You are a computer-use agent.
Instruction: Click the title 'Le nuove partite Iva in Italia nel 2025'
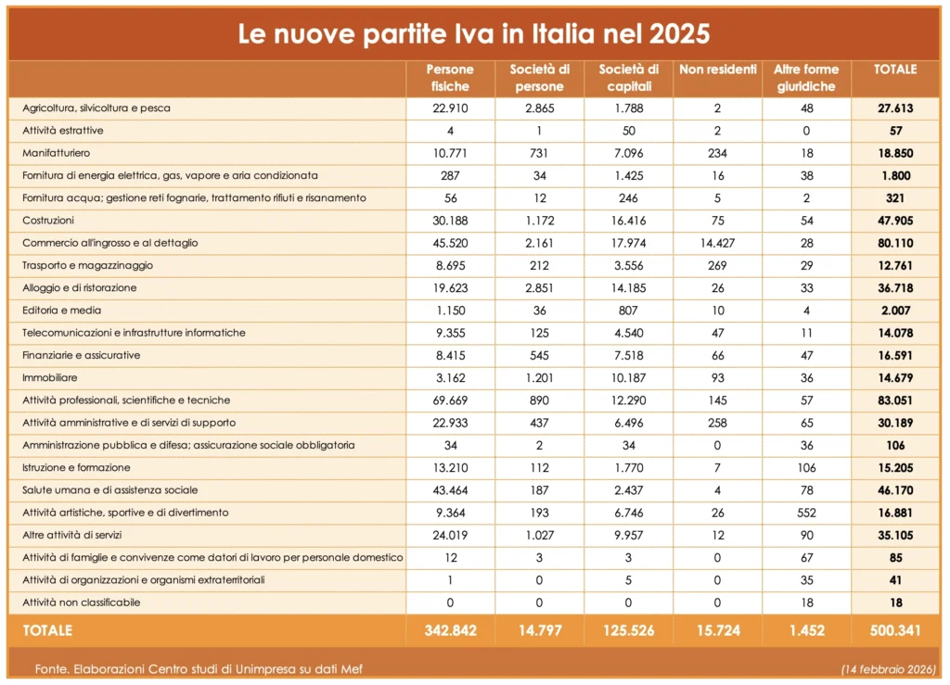(x=474, y=34)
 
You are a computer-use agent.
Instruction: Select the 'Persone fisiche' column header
(x=450, y=78)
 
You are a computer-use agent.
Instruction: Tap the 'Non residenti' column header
(x=718, y=70)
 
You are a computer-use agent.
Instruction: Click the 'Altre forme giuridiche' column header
(x=805, y=78)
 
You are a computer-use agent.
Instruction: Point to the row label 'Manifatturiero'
(x=56, y=153)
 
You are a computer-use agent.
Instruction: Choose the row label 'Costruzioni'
(x=48, y=221)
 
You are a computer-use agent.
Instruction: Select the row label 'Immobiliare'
(x=50, y=378)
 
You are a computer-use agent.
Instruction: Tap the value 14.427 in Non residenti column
(x=718, y=243)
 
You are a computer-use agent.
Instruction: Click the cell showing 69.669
(x=450, y=400)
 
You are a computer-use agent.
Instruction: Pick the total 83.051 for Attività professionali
(x=895, y=400)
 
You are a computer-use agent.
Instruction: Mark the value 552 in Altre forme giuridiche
(x=805, y=513)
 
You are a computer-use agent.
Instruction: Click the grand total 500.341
(x=895, y=631)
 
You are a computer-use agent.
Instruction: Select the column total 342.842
(x=450, y=631)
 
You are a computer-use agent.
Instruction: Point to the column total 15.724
(x=718, y=631)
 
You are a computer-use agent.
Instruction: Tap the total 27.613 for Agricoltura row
(x=895, y=108)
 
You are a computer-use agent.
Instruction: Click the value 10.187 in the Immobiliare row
(x=629, y=378)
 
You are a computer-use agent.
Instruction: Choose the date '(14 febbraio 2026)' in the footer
(x=889, y=668)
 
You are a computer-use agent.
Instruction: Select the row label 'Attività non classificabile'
(x=82, y=603)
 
